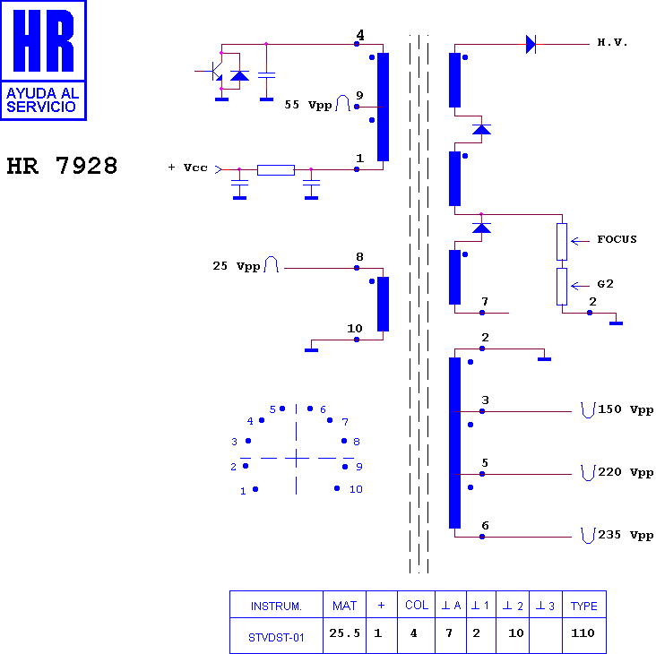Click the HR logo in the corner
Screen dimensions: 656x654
tap(44, 61)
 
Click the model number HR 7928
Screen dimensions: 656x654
tap(62, 166)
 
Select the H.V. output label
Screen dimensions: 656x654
tap(612, 42)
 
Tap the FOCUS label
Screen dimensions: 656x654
tap(617, 239)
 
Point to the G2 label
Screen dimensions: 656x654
tap(605, 284)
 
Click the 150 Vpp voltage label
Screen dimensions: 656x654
tap(626, 409)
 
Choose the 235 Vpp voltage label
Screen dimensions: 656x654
tap(626, 535)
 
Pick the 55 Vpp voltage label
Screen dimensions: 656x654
tap(308, 105)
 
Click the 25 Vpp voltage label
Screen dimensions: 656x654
tap(237, 266)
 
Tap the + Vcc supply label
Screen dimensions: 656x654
tap(187, 168)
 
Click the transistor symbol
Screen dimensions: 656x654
tap(214, 71)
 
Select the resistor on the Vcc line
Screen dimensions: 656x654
tap(276, 170)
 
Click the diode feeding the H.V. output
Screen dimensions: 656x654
tap(531, 44)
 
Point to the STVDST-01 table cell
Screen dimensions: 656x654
tap(276, 638)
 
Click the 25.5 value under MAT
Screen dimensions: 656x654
tap(344, 633)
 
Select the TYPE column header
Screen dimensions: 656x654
tap(584, 606)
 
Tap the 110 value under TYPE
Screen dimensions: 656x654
tap(583, 633)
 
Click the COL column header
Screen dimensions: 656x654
tap(417, 606)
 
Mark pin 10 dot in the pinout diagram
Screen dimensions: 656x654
tap(337, 488)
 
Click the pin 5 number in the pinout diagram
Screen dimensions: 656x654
tap(272, 409)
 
